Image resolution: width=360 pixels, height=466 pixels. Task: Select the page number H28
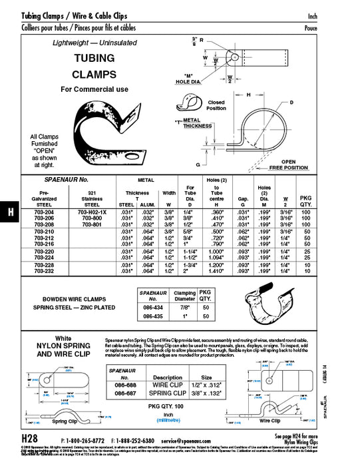[29, 440]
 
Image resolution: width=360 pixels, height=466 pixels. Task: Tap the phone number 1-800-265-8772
[85, 441]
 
